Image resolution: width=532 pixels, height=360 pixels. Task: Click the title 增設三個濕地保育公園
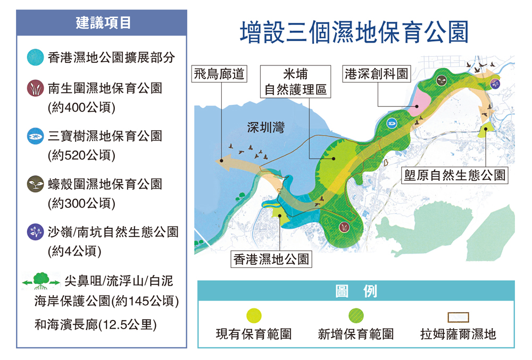tap(354, 33)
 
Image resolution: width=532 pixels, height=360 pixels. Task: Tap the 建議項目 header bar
tap(102, 23)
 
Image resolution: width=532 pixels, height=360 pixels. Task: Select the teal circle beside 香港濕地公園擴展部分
tap(36, 57)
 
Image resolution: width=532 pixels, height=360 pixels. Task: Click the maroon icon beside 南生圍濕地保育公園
tap(36, 88)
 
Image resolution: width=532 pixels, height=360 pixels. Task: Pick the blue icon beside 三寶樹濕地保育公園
tap(36, 136)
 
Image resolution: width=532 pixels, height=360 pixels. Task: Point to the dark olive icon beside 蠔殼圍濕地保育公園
tap(36, 184)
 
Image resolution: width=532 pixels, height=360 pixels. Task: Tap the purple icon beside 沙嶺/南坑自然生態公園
tap(36, 232)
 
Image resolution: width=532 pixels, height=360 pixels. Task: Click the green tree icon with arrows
tap(40, 281)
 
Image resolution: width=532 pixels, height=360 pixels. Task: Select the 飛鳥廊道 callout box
tap(219, 73)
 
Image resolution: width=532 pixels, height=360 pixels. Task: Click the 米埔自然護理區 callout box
tap(296, 81)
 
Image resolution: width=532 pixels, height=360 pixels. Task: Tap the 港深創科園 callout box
tap(377, 73)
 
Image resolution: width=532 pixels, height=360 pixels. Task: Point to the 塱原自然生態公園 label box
tap(454, 175)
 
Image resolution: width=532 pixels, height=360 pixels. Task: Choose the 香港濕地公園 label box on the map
tap(271, 259)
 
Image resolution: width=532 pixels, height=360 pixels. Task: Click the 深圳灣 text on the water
tap(265, 128)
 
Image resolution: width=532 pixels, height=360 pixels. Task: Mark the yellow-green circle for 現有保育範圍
tap(254, 316)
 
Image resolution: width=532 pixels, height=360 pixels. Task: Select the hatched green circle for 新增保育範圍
tap(356, 316)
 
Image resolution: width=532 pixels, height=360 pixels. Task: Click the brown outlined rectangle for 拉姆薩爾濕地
tap(458, 317)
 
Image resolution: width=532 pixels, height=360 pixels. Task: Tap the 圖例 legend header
tap(356, 291)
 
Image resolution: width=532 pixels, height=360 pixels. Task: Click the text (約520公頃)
tap(81, 155)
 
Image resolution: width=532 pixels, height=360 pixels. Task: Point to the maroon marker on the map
tap(345, 227)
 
